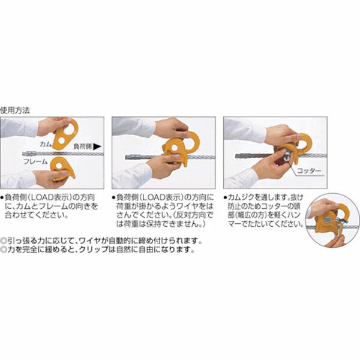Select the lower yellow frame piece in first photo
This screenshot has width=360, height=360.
point(62,169)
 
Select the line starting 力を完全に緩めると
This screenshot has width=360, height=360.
point(99,249)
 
